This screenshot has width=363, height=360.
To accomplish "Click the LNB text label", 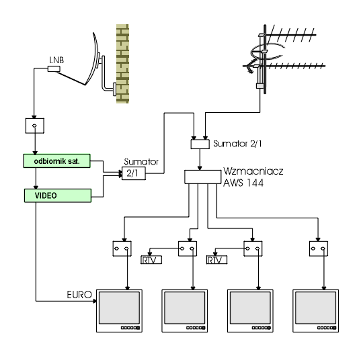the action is point(56,60).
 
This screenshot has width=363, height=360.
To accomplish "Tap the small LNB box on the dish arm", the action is point(54,69).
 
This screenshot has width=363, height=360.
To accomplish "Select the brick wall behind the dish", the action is point(122,64).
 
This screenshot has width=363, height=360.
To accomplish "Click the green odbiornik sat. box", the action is point(56,161).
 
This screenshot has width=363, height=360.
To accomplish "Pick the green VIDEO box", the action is point(58,195).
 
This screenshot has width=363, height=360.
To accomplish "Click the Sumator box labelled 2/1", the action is point(134,173).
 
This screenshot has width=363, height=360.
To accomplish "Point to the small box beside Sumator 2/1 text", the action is point(200,144).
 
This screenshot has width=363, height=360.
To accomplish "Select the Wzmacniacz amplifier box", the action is point(203,177).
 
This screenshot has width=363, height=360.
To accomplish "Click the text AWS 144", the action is point(243,183).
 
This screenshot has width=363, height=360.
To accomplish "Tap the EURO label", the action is point(79,295).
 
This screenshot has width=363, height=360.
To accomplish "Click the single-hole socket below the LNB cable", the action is point(35,126).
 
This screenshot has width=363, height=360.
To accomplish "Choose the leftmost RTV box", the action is point(151,260).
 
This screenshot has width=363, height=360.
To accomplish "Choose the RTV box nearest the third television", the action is point(216,260).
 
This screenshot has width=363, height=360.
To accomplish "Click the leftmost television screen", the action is point(119,308).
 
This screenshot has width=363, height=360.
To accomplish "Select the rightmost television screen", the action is point(315,308).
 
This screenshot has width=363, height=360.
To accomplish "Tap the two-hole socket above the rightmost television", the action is point(319,249).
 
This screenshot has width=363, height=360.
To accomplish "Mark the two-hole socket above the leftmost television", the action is point(122,249).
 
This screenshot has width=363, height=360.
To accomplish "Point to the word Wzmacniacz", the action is point(253,171).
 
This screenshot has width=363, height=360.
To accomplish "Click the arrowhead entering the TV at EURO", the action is point(95,301).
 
